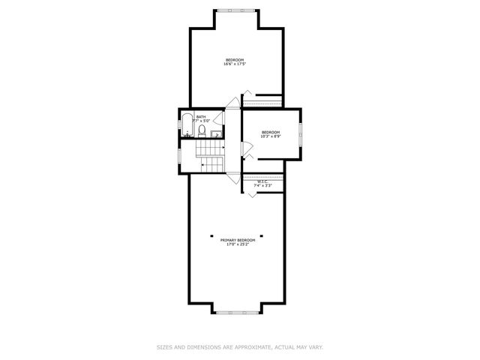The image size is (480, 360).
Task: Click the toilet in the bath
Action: pyautogui.click(x=202, y=130)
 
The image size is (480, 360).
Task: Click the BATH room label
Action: pyautogui.click(x=201, y=117)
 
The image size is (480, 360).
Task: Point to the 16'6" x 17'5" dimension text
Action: pyautogui.click(x=235, y=64)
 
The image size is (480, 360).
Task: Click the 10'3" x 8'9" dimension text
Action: pyautogui.click(x=270, y=136)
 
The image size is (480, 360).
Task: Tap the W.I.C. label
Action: pyautogui.click(x=262, y=181)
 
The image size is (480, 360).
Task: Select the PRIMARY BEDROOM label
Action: pyautogui.click(x=238, y=240)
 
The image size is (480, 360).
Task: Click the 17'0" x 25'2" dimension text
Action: pyautogui.click(x=238, y=244)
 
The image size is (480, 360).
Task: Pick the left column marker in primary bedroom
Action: pyautogui.click(x=211, y=234)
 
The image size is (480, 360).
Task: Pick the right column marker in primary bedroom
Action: pyautogui.click(x=262, y=234)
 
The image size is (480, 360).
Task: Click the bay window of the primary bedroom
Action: pyautogui.click(x=236, y=310)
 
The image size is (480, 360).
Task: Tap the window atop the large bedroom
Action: pyautogui.click(x=236, y=9)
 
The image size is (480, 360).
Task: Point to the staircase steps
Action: pyautogui.click(x=211, y=162)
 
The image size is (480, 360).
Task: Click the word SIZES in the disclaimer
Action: pyautogui.click(x=164, y=347)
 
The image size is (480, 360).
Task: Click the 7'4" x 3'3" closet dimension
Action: pyautogui.click(x=262, y=186)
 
